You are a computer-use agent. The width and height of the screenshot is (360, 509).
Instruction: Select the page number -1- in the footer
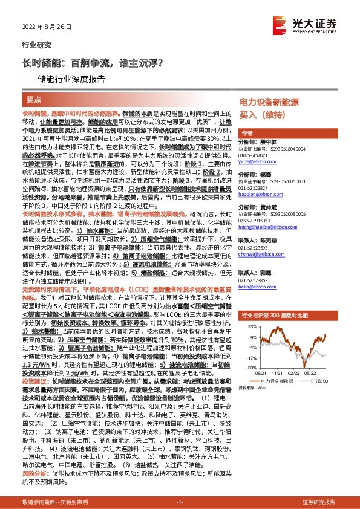pos(179,502)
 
